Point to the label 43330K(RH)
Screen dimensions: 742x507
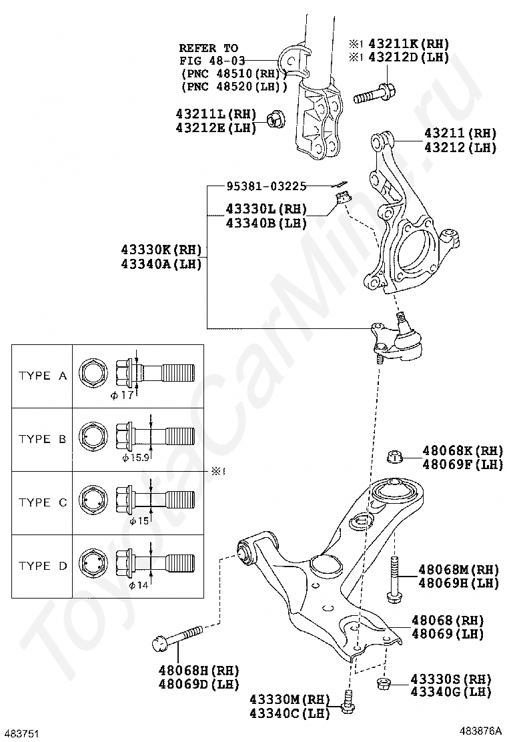[x=161, y=250]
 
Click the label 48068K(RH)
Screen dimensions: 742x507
[x=462, y=450]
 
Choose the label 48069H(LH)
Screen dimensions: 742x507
[x=459, y=583]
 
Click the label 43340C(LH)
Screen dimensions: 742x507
[x=290, y=713]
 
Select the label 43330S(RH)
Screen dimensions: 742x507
[x=451, y=679]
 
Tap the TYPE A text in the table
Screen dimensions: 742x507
[x=43, y=376]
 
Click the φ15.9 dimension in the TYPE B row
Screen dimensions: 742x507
[x=135, y=458]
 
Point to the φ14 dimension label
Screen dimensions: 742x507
[x=137, y=585]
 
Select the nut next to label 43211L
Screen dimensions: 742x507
[x=274, y=119]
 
